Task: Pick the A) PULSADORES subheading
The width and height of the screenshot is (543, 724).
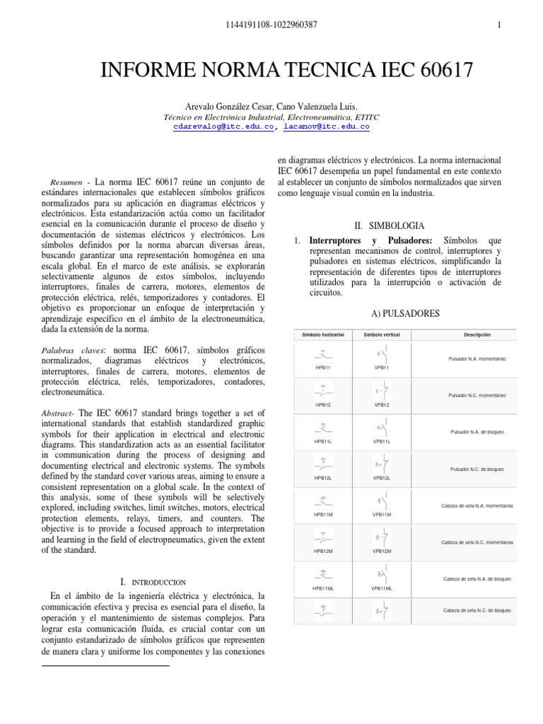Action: click(x=405, y=313)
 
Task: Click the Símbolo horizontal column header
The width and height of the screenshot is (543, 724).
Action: click(x=322, y=334)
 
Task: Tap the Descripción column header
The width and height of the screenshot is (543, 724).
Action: click(x=477, y=334)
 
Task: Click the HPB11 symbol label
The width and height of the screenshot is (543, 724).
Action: click(x=322, y=368)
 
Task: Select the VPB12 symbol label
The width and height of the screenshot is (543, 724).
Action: click(x=382, y=404)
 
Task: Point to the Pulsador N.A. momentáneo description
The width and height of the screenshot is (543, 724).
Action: click(x=477, y=359)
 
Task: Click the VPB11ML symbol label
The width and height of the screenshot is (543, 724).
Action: click(x=382, y=588)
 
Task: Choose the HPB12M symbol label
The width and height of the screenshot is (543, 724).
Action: click(x=322, y=551)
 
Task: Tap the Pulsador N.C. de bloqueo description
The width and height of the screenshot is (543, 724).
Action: click(x=477, y=469)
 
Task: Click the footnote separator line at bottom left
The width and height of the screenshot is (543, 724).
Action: click(x=106, y=665)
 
